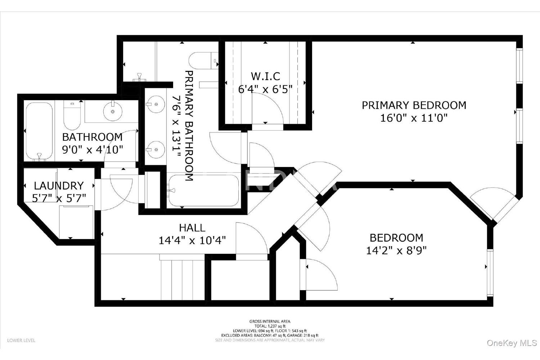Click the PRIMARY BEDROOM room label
coord(414,105)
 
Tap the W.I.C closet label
coord(265,76)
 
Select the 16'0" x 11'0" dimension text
coord(414,118)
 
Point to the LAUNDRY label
coord(59,186)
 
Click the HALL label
coord(192,228)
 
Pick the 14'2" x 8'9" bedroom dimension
coord(396,251)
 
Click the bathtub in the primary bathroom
coord(204,190)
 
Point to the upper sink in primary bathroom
coord(156,104)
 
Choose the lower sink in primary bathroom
coord(156,150)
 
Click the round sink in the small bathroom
coord(113,111)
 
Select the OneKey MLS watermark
coord(512,343)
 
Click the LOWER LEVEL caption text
coord(21,341)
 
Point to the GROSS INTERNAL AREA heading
coord(270,321)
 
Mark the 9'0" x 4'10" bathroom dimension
coord(93,150)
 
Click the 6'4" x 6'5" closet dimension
coord(265,89)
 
